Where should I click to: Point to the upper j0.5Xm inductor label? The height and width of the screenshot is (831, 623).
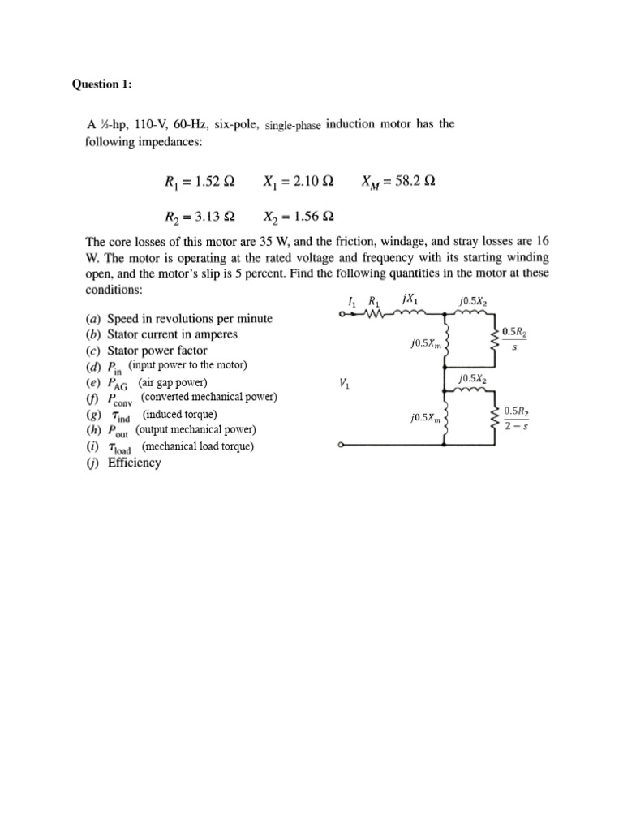(425, 344)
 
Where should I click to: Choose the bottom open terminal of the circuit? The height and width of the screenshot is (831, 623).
(343, 446)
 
